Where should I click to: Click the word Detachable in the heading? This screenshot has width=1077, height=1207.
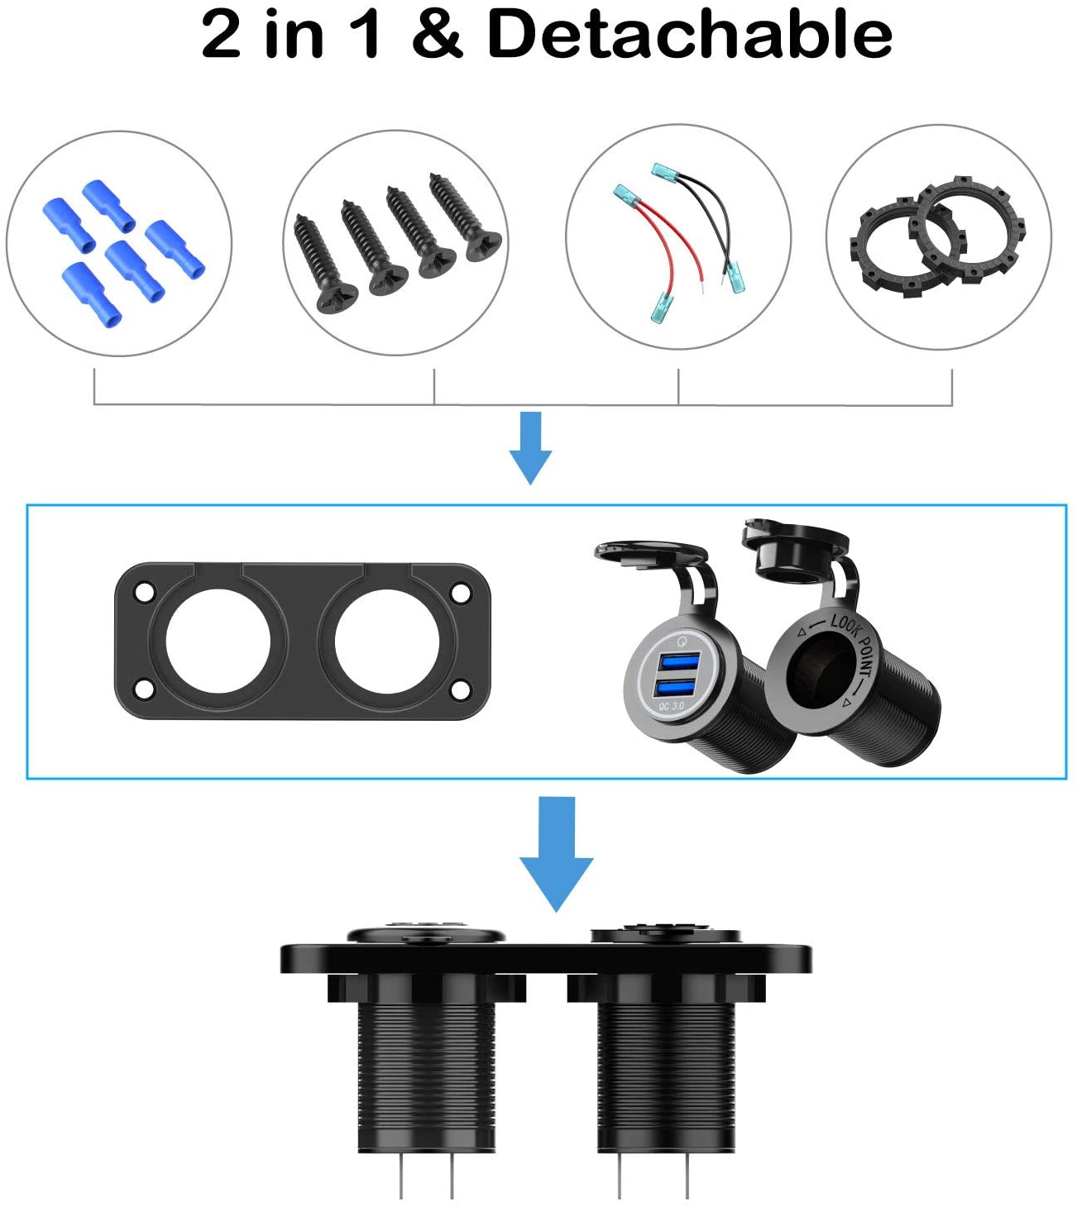[x=690, y=34]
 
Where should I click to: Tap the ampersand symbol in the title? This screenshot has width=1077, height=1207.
[x=437, y=34]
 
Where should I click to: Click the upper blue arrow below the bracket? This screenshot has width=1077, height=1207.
[x=530, y=447]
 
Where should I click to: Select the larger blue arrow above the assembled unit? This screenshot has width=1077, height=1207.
[x=557, y=854]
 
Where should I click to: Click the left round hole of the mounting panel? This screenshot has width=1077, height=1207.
[x=218, y=642]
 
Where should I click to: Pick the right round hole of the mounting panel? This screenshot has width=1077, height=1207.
[x=387, y=642]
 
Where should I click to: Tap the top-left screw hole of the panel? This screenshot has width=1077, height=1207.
[x=144, y=593]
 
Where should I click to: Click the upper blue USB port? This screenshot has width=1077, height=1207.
[x=678, y=662]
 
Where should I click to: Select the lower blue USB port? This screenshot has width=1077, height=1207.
[x=677, y=688]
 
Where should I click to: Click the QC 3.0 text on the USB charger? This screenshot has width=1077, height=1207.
[x=671, y=706]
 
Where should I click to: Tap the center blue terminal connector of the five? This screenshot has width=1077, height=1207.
[x=134, y=271]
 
